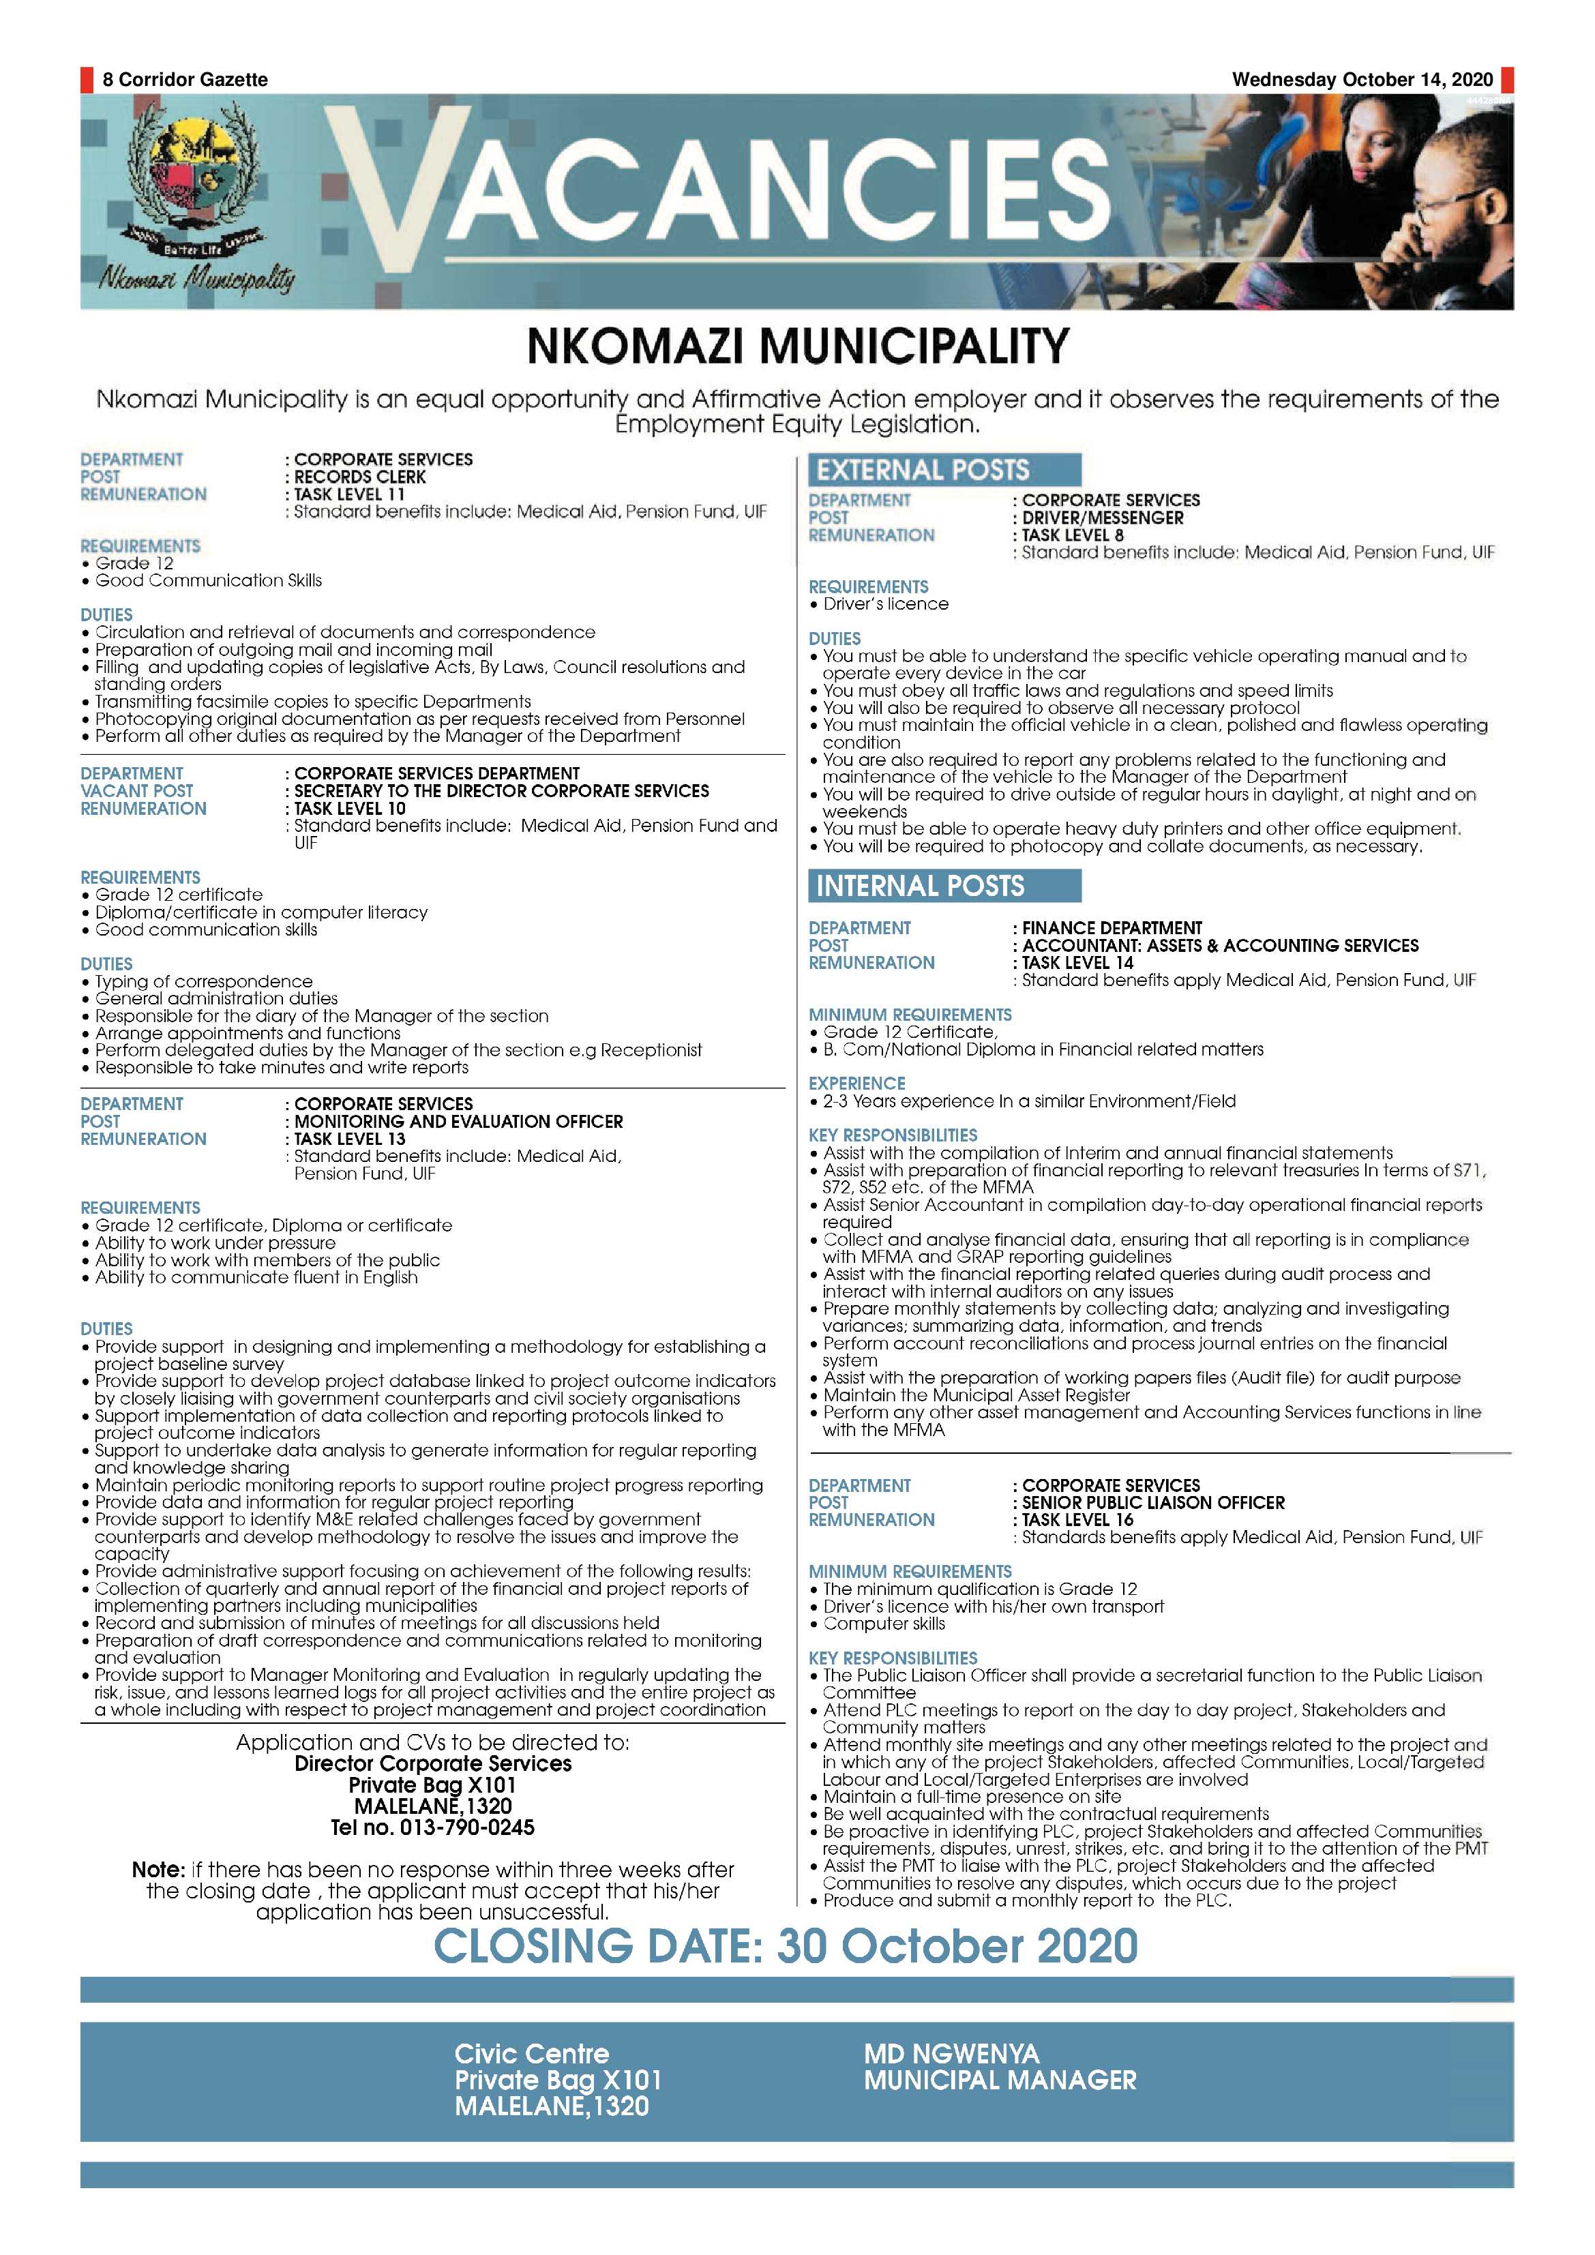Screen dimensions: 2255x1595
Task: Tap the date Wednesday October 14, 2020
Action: (1362, 80)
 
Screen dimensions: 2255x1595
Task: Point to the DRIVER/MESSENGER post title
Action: (1102, 518)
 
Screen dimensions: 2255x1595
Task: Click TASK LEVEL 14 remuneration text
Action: (1077, 963)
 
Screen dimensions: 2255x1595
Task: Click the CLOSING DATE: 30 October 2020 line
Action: (786, 1945)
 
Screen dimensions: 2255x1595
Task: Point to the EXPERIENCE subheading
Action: (856, 1084)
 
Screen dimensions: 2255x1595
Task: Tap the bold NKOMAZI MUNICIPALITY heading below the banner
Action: (798, 346)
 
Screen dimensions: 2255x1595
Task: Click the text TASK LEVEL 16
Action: (1077, 1519)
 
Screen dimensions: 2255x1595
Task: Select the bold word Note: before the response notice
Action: (158, 1870)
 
